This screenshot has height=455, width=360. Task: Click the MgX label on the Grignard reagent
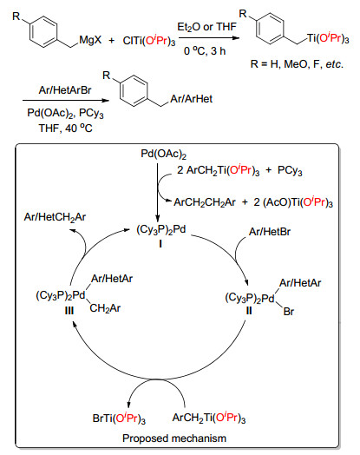(90, 40)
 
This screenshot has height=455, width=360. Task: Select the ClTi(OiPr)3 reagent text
(149, 41)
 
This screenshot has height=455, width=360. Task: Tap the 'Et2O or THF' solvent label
(207, 27)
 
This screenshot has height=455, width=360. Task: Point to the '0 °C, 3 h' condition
(205, 51)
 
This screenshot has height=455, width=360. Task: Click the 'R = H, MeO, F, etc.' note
(297, 64)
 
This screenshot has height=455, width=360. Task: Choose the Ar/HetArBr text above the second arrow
(65, 90)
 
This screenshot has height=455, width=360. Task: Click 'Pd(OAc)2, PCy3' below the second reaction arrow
(65, 113)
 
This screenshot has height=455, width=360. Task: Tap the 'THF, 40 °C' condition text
(66, 128)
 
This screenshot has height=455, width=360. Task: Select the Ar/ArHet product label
(192, 99)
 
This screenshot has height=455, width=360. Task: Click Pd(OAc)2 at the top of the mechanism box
(163, 154)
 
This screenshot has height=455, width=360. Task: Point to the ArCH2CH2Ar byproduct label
(205, 202)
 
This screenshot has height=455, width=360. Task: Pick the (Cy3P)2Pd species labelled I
(161, 230)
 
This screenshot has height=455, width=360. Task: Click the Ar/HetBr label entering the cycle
(270, 232)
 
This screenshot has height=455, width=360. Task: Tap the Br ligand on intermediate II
(289, 312)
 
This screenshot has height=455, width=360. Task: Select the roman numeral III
(69, 311)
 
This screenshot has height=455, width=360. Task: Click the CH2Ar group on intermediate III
(105, 308)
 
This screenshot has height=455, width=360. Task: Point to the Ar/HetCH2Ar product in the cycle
(55, 217)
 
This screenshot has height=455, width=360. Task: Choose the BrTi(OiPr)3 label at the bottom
(119, 419)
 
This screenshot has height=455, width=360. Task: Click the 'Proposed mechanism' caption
(174, 439)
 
